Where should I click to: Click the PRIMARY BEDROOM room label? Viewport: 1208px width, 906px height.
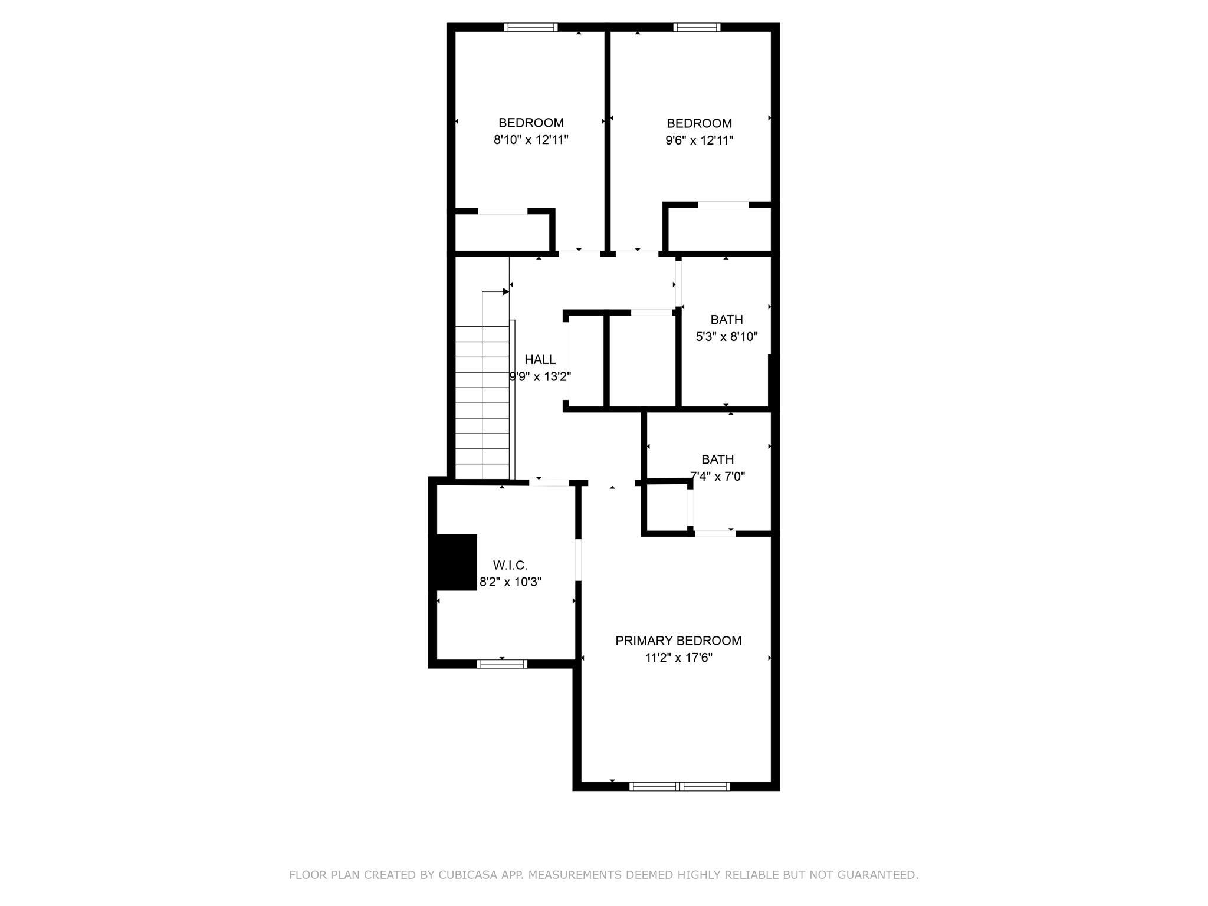coord(678,641)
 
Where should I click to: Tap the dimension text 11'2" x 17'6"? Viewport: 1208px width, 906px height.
coord(678,658)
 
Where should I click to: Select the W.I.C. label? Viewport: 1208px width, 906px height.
coord(510,566)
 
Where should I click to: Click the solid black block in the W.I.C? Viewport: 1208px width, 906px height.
coord(455,562)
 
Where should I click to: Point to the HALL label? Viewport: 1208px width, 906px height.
coord(540,359)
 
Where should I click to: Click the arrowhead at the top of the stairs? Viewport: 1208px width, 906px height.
coord(506,291)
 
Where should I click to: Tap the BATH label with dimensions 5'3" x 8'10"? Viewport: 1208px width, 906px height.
coord(726,320)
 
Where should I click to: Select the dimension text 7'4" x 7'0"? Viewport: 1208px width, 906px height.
coord(717,476)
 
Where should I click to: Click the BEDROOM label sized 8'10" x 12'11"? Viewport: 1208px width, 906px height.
coord(531,123)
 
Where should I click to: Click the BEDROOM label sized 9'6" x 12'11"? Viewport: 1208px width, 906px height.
coord(699,123)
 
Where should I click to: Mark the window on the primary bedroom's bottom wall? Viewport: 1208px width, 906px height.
coord(679,786)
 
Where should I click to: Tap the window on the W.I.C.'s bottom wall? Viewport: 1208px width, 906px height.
coord(502,664)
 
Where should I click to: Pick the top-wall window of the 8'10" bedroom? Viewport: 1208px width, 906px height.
coord(531,27)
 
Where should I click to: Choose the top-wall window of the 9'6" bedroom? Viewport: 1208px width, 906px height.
coord(697,27)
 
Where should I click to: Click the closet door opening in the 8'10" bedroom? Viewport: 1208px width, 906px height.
coord(503,211)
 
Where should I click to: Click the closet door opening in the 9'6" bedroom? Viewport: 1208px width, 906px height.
coord(723,205)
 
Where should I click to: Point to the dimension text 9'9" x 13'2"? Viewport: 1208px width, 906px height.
coord(540,376)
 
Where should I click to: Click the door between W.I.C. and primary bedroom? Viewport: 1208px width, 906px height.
coord(578,560)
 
